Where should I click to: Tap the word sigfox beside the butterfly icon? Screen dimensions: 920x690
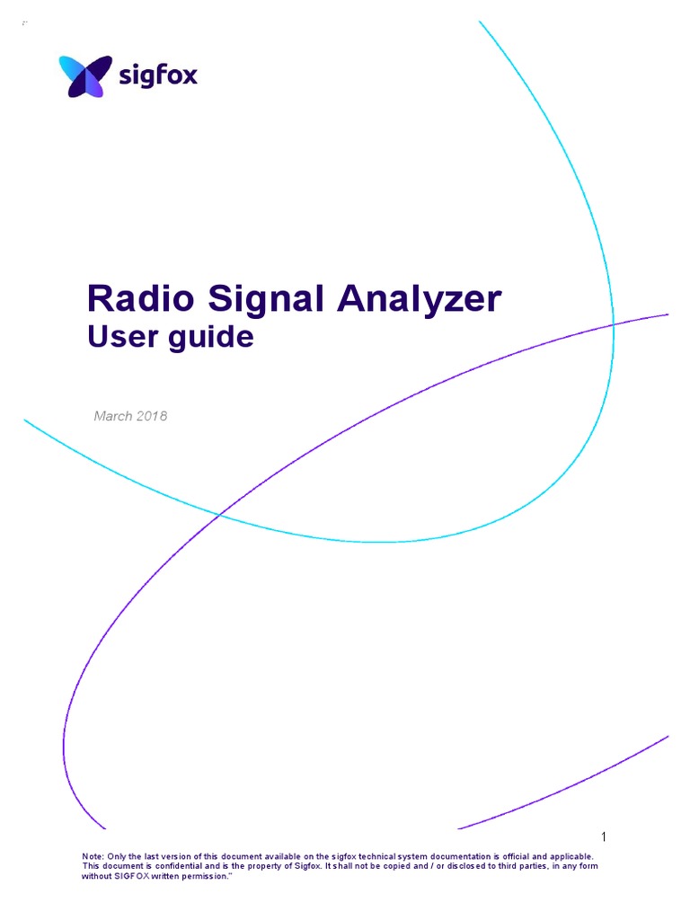click(x=157, y=75)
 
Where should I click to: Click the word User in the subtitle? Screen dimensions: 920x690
click(x=115, y=338)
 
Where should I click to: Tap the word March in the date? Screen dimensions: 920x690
click(x=113, y=416)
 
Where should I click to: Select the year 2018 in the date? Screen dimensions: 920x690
click(x=152, y=416)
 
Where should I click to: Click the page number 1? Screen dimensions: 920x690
click(x=605, y=837)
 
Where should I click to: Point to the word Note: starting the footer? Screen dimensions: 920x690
click(x=93, y=857)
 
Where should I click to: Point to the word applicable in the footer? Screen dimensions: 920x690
click(x=570, y=857)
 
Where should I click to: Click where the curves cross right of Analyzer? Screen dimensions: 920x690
click(x=614, y=323)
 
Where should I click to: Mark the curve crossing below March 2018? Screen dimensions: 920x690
click(x=219, y=514)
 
